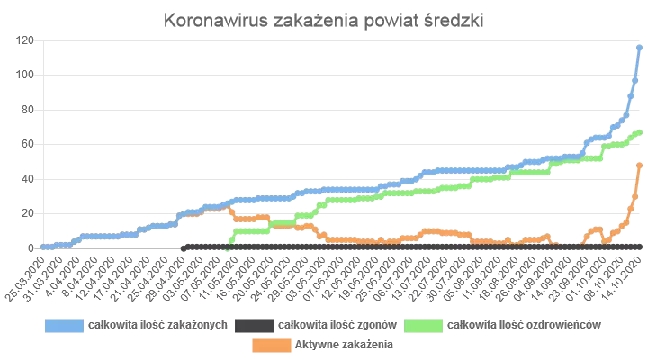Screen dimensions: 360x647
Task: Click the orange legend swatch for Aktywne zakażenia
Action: coord(269,344)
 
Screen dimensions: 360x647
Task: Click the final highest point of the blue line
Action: coord(639,47)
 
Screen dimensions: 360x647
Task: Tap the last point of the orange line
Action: coord(639,165)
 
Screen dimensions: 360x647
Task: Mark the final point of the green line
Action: coord(639,132)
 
